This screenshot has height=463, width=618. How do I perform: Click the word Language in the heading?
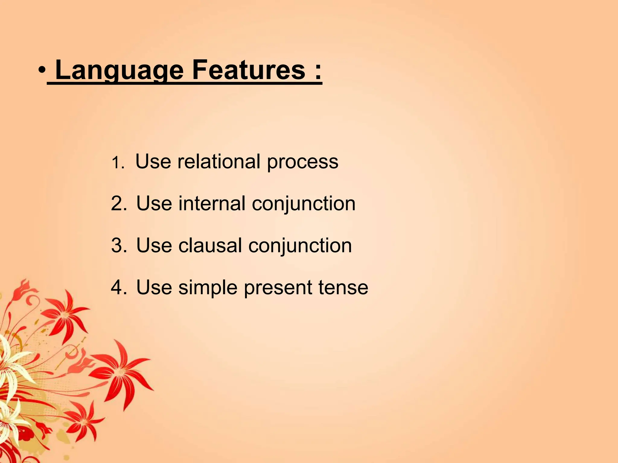[119, 70]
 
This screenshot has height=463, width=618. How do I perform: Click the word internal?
[212, 203]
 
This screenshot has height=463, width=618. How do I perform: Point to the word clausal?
[210, 245]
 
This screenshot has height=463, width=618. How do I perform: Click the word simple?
[208, 288]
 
